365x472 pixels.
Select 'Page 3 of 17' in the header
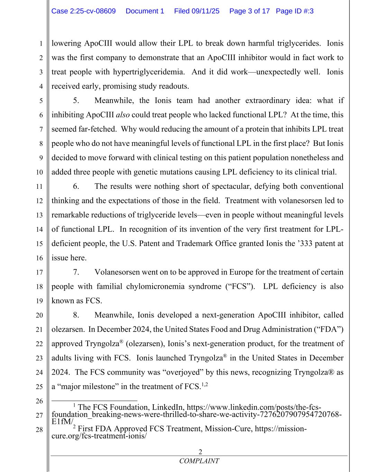coord(249,11)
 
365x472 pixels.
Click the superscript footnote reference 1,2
coord(204,385)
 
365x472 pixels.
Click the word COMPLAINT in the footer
coord(199,461)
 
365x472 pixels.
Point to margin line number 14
coord(39,229)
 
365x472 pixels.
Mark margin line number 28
coord(39,430)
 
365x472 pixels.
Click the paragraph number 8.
coord(76,315)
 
